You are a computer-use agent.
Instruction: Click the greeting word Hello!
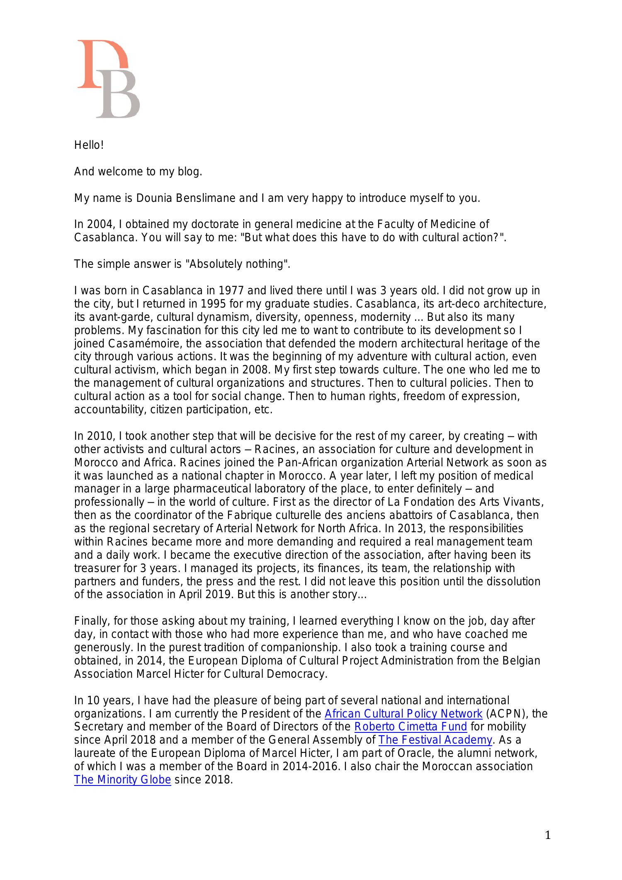point(89,145)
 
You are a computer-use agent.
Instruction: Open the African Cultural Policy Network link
point(403,713)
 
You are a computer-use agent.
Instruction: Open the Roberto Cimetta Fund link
point(411,727)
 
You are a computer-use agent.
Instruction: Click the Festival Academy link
point(435,740)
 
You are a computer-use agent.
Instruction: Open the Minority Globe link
point(122,780)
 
